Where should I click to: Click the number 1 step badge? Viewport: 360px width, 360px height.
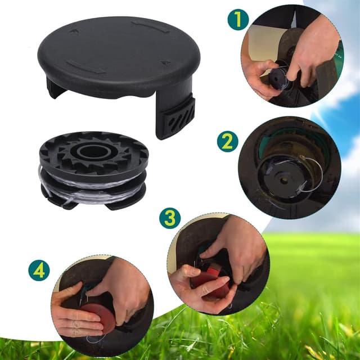coord(238,20)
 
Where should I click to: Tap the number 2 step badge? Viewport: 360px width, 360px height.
coord(227,141)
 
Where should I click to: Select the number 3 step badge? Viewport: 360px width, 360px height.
coord(169,218)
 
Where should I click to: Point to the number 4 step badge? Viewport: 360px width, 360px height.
coord(39,270)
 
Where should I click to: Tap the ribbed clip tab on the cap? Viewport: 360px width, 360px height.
coord(175,116)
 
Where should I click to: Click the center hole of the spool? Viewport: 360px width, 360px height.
coord(92,152)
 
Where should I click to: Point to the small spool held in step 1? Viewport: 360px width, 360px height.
coord(278,79)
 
